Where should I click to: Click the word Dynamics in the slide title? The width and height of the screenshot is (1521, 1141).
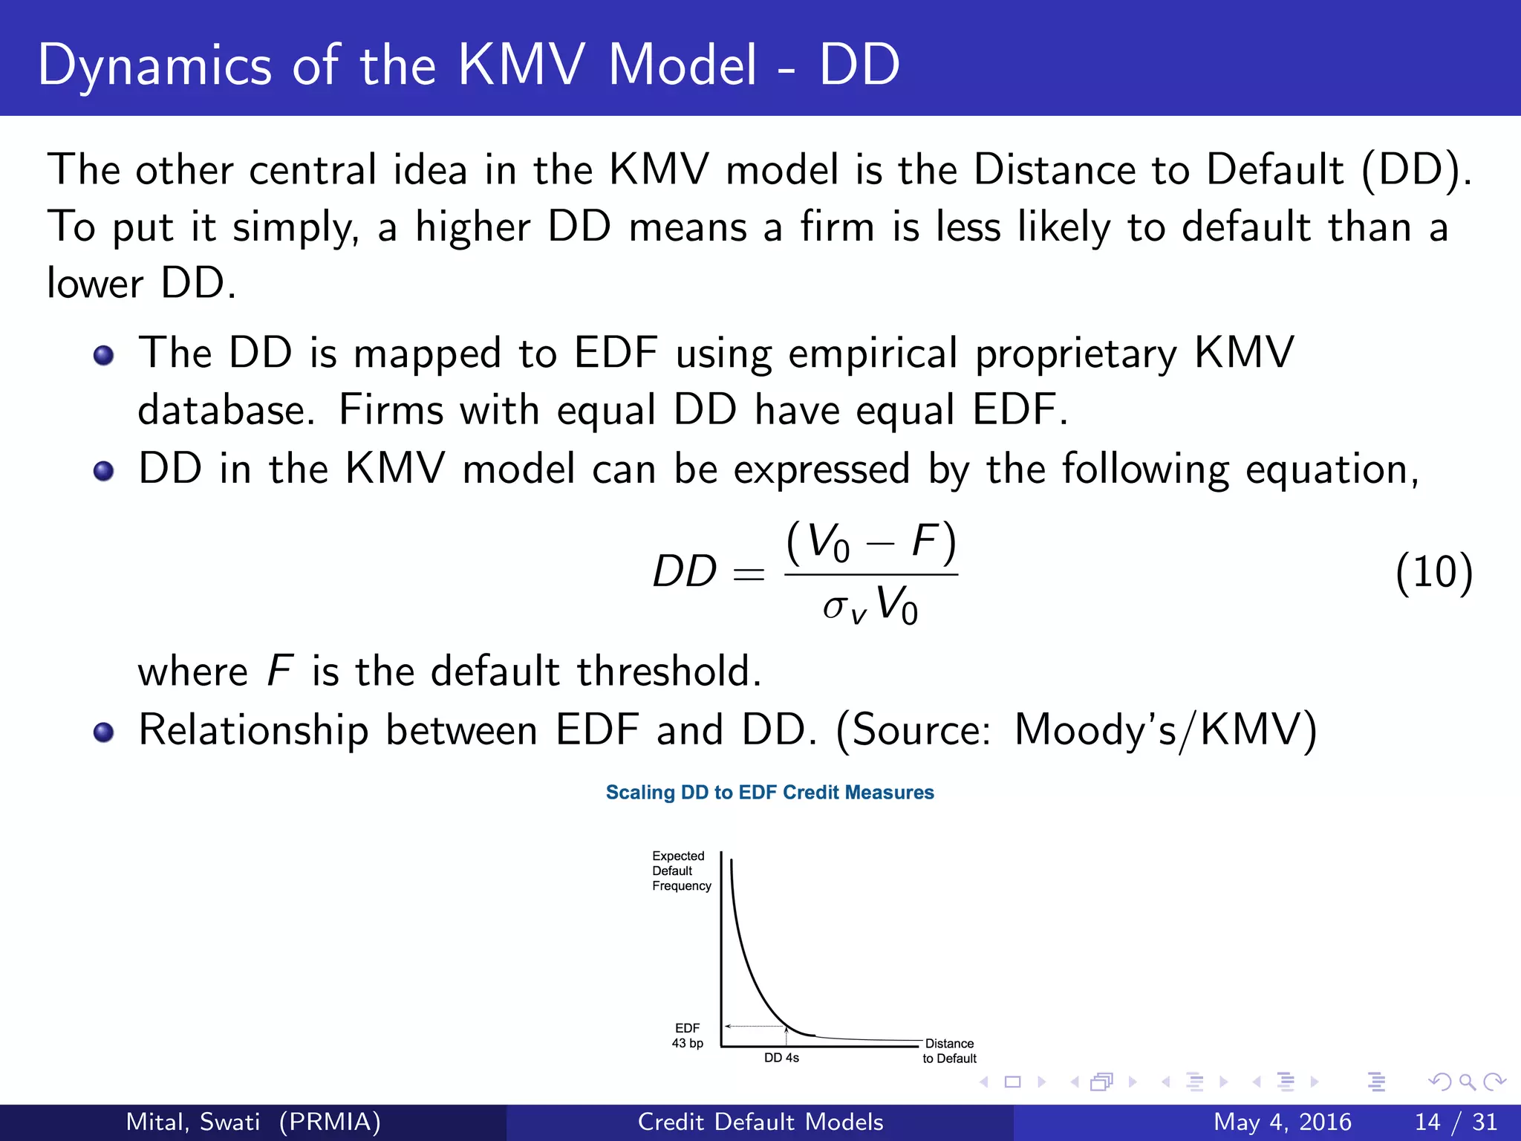point(154,65)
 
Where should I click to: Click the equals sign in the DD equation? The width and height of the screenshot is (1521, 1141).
point(748,573)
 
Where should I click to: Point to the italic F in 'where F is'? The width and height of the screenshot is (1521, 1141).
point(279,670)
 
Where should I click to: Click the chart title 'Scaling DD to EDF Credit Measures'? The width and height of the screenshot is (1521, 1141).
point(769,793)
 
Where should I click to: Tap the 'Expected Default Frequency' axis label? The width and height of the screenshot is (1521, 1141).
point(680,871)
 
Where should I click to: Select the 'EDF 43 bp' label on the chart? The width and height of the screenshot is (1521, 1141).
point(687,1036)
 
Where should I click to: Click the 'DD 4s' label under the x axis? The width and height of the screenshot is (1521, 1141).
point(781,1058)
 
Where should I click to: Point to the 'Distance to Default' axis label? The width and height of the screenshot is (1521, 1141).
point(949,1051)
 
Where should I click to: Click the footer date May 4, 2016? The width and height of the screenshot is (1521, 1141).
point(1282,1122)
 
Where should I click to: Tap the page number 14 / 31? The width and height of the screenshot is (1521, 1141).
point(1456,1122)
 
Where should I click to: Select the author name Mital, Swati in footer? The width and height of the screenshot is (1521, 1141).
point(193,1122)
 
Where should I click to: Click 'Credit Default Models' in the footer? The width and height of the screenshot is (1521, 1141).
point(760,1122)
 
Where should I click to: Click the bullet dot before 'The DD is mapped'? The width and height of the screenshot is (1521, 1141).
point(104,355)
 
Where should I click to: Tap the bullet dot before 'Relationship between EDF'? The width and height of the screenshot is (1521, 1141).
point(104,732)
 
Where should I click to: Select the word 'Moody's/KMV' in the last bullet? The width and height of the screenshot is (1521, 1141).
point(1165,729)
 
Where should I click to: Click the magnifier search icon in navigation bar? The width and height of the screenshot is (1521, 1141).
point(1467,1082)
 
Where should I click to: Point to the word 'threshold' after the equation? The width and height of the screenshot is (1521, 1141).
point(668,670)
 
